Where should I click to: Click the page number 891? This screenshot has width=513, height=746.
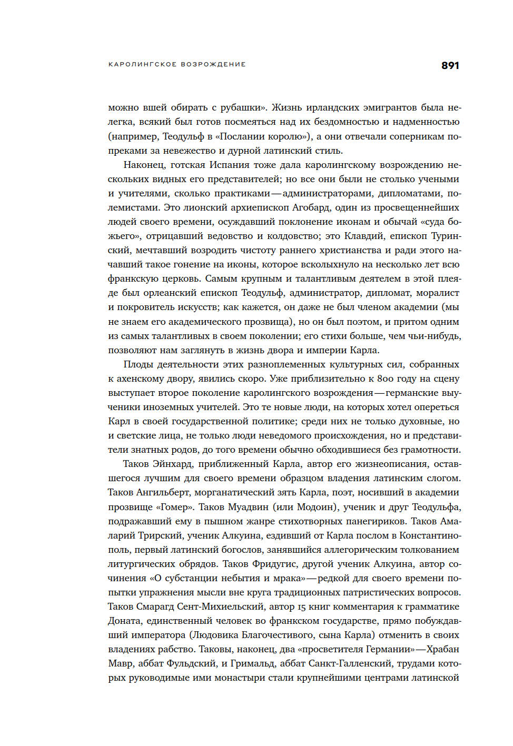(450, 65)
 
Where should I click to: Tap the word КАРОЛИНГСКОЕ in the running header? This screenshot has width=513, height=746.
(142, 64)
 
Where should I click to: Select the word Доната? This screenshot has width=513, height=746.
(125, 621)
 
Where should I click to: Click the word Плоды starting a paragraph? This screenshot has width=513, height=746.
(137, 364)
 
